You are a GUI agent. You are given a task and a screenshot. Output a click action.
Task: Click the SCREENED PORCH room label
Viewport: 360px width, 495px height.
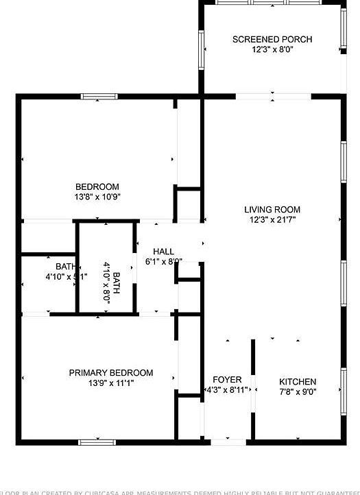pos(272,40)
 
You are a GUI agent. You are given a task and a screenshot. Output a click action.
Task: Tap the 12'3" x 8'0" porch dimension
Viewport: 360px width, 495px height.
pos(272,50)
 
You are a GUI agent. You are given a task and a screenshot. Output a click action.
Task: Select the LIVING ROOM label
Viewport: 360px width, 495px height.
pos(272,210)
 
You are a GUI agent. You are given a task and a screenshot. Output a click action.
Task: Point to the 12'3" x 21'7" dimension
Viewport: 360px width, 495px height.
pos(272,220)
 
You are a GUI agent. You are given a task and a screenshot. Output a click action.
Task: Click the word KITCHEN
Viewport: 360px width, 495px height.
pos(298,382)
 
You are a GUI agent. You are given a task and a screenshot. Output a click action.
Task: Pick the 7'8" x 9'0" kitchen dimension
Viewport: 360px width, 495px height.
pos(298,392)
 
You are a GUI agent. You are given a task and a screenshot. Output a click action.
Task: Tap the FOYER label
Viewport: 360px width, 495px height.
pos(227,380)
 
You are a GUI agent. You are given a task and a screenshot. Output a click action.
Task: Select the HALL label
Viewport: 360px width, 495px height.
pos(163,251)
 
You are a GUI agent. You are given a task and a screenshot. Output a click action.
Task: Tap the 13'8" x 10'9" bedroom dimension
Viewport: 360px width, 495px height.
pos(97,197)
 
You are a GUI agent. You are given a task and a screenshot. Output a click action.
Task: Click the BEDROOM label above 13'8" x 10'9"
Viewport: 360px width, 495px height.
pos(97,186)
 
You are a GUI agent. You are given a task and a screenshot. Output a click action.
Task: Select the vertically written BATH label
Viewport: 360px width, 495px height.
pos(117,282)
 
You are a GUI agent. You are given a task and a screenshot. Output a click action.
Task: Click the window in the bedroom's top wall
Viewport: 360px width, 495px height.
pos(100,97)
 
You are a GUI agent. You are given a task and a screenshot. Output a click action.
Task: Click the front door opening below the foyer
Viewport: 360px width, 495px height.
pos(228,442)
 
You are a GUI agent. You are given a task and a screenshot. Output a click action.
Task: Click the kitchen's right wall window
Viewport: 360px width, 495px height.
pos(342,391)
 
